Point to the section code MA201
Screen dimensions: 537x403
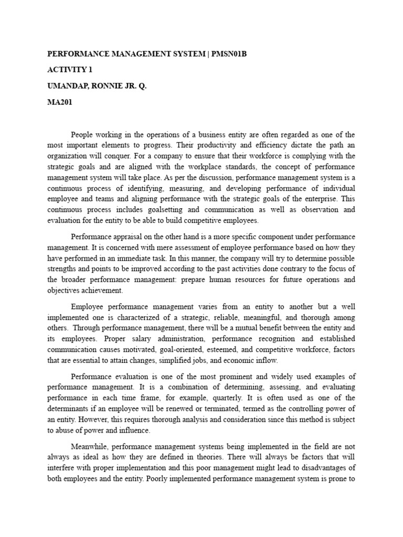60,103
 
